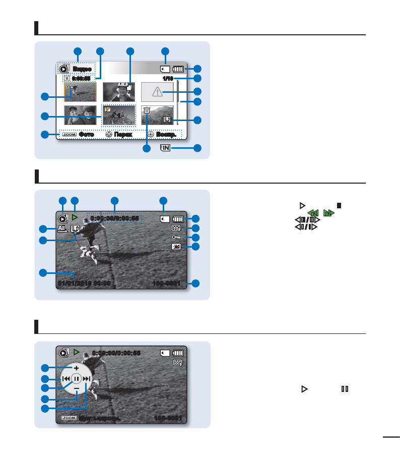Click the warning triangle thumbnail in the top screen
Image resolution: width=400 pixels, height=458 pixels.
(157, 91)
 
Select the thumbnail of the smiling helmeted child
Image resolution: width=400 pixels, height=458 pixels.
(119, 91)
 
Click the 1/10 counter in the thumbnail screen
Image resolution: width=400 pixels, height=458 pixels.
(168, 79)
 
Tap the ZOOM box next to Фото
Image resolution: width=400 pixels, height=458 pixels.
(70, 135)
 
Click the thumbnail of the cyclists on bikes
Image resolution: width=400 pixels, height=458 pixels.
(119, 115)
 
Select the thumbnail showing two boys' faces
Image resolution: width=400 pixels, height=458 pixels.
(80, 115)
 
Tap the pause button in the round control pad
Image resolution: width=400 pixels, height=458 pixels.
(76, 378)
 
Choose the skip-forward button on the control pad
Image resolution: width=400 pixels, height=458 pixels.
(87, 378)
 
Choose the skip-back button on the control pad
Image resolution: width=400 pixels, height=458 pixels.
(65, 378)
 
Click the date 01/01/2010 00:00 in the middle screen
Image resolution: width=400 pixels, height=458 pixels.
(84, 283)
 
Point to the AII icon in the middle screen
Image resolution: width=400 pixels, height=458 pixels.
(62, 228)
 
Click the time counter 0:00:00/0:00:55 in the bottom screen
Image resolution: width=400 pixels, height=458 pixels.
(115, 353)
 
